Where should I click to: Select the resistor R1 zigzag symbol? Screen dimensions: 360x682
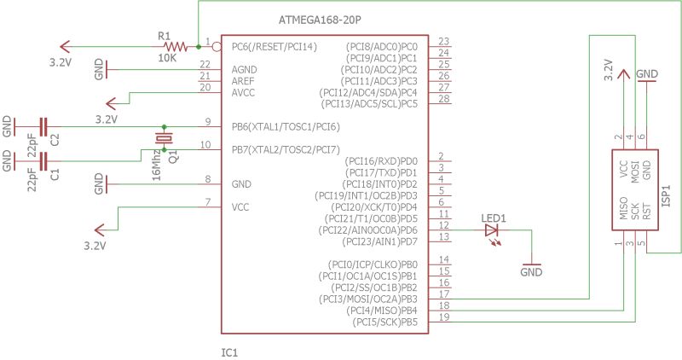[175, 46]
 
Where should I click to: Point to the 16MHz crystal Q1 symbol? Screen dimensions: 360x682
[163, 138]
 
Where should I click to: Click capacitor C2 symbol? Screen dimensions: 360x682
[43, 126]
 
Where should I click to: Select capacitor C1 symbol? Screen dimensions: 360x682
[43, 160]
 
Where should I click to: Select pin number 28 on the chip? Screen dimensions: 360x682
[443, 99]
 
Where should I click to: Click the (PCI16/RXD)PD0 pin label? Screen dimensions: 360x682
[381, 160]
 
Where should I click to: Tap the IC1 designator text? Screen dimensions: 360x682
[230, 351]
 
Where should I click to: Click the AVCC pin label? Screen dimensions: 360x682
[245, 92]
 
